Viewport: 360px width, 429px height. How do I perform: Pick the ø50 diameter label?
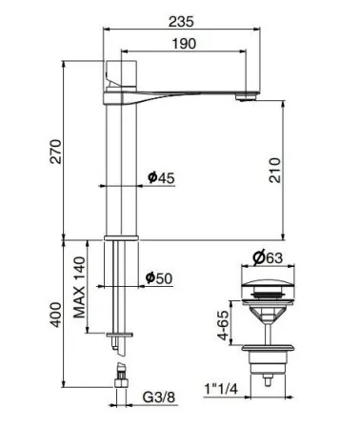pos(158,278)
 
